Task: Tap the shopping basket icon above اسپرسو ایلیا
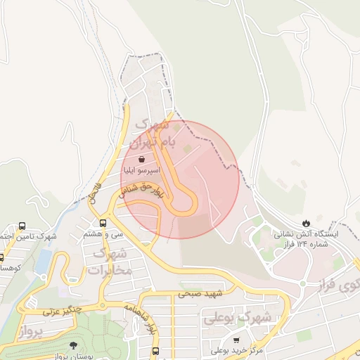coord(143,159)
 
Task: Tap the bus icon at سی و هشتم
coord(103,223)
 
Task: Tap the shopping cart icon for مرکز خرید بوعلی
coord(236,340)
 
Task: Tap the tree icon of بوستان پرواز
coord(74,345)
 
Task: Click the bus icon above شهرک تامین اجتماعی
coord(22,226)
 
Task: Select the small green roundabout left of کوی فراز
coord(303,283)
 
